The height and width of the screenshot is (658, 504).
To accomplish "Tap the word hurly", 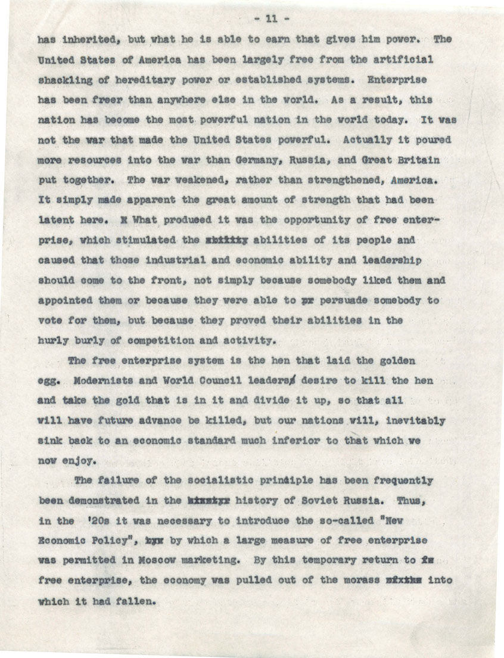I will (52, 341).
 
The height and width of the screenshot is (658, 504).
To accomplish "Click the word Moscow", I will (201, 560).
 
